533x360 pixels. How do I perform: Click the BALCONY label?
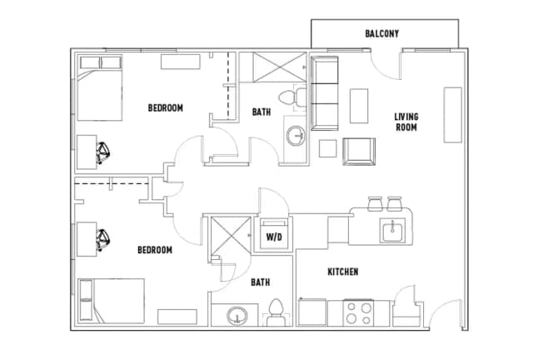coord(381,33)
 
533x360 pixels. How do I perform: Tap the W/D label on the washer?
coord(274,237)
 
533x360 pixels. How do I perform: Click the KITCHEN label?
coord(342,272)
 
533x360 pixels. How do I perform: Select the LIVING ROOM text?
coord(406,122)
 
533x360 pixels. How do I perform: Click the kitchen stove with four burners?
coord(359,313)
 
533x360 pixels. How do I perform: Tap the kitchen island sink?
coord(392,230)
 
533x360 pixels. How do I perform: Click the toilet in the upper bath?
coord(292,97)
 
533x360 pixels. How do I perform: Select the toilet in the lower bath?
coord(276,312)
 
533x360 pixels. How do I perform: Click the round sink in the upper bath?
coord(296,136)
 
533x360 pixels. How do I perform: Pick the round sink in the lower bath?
coord(237,316)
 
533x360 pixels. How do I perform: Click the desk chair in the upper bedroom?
coord(102,152)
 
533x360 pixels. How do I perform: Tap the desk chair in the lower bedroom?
coord(102,240)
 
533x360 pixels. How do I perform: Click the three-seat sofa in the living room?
coord(325,93)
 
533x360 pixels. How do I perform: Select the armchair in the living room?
coord(359,152)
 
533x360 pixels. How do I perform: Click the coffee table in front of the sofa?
coord(359,106)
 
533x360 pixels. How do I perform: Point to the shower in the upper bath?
coord(280,67)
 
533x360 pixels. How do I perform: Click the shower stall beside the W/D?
coord(231,236)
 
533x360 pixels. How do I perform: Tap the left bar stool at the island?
coord(376,202)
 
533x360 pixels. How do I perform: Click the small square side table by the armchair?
coord(327,148)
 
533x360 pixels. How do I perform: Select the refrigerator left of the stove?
coord(312,312)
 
